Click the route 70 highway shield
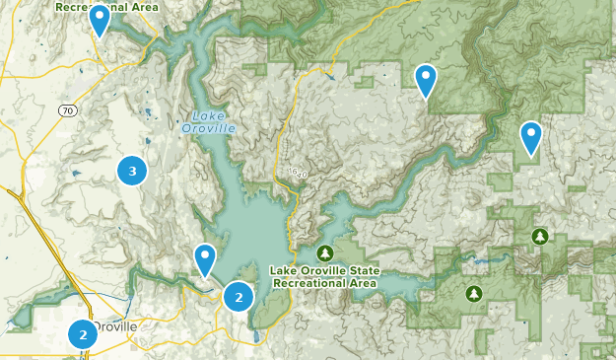[x=67, y=110]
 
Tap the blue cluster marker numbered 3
[x=132, y=171]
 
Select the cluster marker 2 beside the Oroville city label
[x=83, y=334]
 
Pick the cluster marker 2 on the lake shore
[x=239, y=296]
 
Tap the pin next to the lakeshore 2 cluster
[x=205, y=259]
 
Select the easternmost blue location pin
[x=531, y=138]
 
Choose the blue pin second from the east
[x=426, y=81]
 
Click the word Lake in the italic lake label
[x=194, y=114]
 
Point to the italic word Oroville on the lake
[x=208, y=127]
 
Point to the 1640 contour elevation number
[x=299, y=174]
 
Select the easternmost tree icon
[x=539, y=236]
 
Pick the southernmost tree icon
[x=474, y=293]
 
